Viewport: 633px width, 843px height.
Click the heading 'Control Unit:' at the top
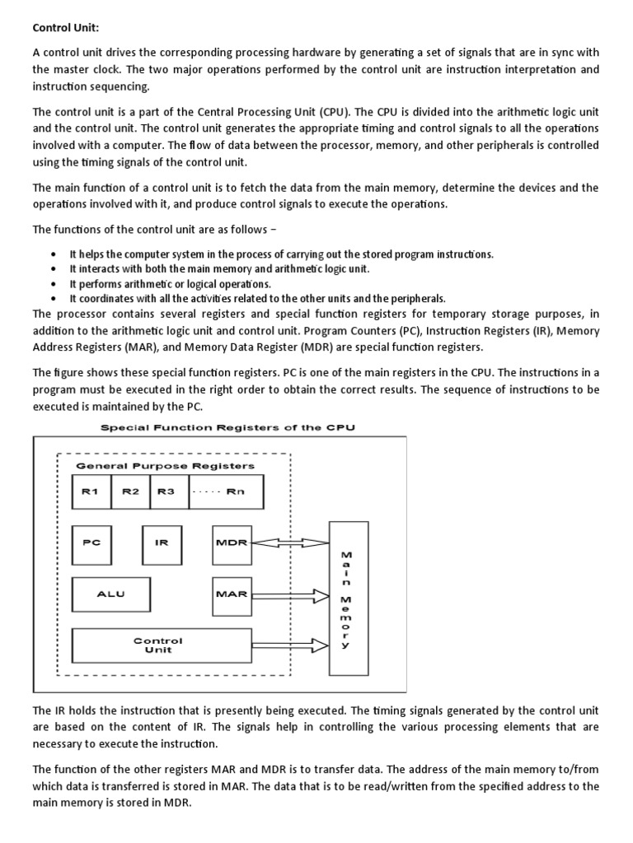(x=65, y=27)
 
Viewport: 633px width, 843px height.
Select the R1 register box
(x=90, y=491)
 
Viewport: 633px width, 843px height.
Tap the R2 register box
(x=130, y=491)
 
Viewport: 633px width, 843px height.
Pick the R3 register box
(x=167, y=491)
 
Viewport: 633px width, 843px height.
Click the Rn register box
(x=216, y=491)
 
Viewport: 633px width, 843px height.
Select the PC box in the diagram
(x=91, y=543)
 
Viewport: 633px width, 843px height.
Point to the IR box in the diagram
(x=162, y=543)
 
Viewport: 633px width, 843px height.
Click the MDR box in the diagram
(x=231, y=543)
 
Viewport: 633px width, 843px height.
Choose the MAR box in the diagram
(x=231, y=594)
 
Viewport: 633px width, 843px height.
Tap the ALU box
(x=111, y=594)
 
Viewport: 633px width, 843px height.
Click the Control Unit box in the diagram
(x=158, y=645)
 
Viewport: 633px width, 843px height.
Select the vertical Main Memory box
(x=345, y=598)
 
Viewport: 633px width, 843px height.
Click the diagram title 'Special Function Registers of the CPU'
(x=227, y=427)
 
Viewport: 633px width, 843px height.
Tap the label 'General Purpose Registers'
(x=165, y=465)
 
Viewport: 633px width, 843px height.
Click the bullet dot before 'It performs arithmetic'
(x=53, y=284)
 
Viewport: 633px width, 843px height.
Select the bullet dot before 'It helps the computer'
(x=53, y=254)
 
